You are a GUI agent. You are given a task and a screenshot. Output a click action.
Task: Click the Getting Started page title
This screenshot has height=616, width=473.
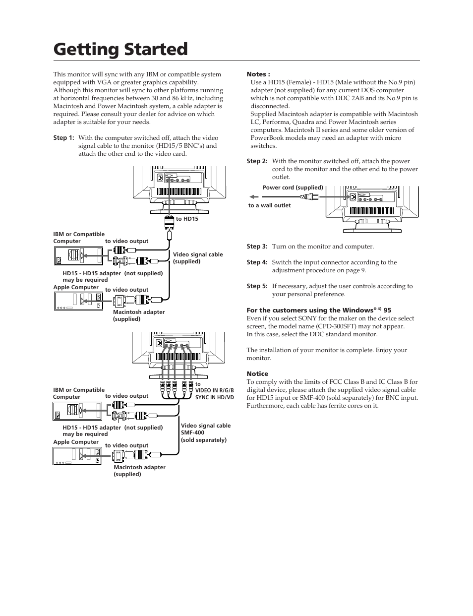click(120, 50)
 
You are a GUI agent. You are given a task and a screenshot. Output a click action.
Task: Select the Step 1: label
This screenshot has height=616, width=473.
click(63, 138)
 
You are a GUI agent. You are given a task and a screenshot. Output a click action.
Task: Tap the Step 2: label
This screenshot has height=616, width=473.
click(257, 161)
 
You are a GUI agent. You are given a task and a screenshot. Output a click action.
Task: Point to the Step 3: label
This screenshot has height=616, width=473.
click(257, 246)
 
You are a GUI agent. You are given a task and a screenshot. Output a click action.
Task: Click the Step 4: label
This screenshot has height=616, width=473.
click(257, 262)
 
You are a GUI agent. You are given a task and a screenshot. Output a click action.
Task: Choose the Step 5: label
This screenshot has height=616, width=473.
click(257, 286)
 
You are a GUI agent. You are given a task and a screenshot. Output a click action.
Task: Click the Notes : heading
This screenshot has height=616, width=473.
click(258, 74)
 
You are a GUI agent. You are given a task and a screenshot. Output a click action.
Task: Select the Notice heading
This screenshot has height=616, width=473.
click(257, 374)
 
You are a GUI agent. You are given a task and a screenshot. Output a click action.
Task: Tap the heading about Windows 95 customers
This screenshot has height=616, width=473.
click(319, 310)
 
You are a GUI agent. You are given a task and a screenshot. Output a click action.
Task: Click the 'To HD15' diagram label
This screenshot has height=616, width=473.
click(187, 219)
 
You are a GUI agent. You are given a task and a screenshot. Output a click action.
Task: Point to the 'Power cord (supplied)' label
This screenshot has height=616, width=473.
click(293, 187)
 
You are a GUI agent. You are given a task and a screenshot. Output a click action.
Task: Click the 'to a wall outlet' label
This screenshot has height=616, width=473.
click(269, 205)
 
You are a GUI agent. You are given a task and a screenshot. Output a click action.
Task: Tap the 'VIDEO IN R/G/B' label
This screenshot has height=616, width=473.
click(214, 391)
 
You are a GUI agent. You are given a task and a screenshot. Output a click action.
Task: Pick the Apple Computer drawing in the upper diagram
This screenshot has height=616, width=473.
click(77, 301)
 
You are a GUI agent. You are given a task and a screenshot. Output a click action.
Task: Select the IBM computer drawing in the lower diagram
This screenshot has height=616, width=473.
click(77, 411)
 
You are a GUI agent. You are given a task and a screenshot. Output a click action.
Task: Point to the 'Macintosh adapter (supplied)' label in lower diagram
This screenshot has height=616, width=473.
click(139, 471)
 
